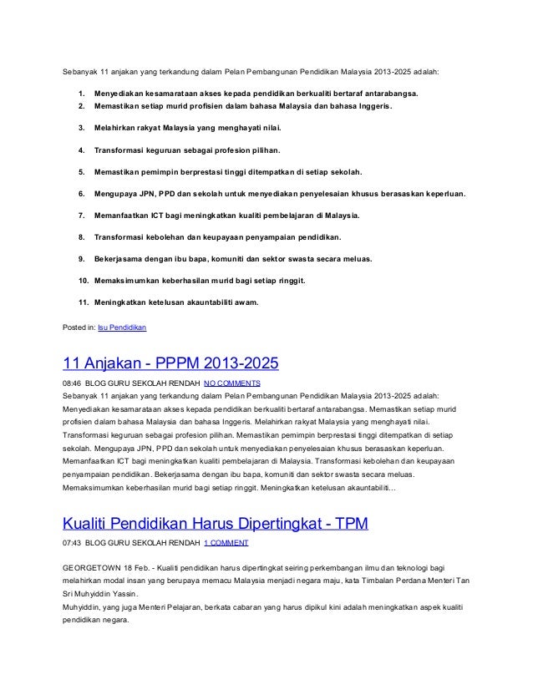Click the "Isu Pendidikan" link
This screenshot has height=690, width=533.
coord(123,327)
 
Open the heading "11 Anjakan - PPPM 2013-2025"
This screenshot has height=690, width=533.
coord(170,365)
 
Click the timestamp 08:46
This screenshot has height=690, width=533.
coord(72,383)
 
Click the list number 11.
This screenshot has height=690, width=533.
coord(84,302)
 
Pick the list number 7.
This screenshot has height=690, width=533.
coord(81,215)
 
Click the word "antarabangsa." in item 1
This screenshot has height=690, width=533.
coord(393,94)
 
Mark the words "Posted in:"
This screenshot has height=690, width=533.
coord(79,327)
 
